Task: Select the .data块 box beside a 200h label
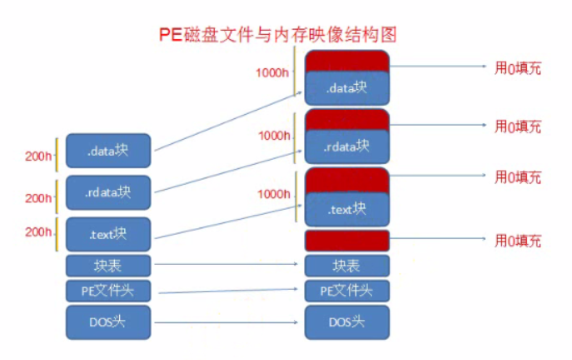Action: (108, 152)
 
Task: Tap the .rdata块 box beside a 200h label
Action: (108, 192)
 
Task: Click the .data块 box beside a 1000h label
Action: (348, 87)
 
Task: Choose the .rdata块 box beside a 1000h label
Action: (348, 145)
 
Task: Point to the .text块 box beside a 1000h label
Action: (348, 209)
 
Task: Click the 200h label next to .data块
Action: (38, 156)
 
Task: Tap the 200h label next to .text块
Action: (38, 231)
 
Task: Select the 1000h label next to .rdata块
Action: (273, 135)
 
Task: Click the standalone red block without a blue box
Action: (348, 241)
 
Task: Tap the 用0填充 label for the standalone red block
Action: (518, 242)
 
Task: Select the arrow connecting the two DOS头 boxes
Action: (226, 322)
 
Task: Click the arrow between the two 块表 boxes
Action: (226, 266)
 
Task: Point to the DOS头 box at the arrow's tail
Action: (108, 322)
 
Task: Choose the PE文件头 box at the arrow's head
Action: (348, 292)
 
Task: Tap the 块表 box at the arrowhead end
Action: (348, 266)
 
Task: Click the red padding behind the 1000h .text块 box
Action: (348, 177)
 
